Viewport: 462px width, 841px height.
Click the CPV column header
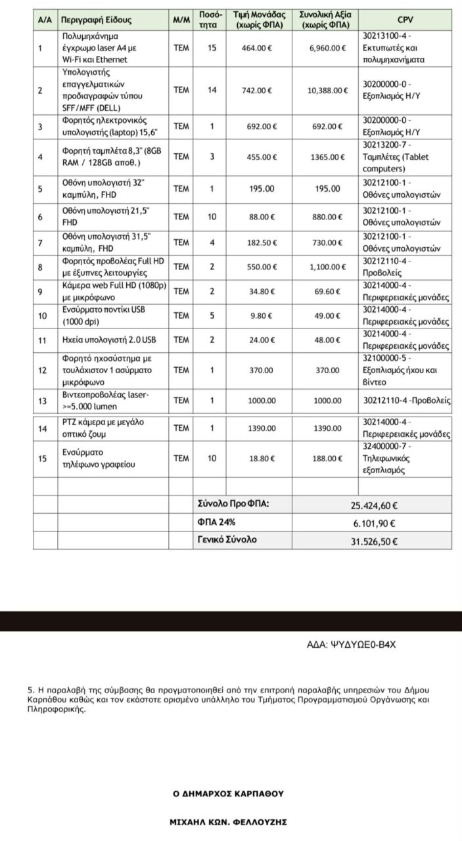click(405, 20)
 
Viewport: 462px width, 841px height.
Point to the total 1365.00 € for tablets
click(328, 157)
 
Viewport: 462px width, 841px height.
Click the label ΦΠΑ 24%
click(213, 522)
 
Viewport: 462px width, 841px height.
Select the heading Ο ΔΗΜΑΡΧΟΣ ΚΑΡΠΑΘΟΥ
click(228, 794)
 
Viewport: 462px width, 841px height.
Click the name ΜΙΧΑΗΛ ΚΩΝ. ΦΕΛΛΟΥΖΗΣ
click(228, 822)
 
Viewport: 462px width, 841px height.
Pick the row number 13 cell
click(41, 400)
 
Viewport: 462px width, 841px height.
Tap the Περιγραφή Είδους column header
click(97, 20)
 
